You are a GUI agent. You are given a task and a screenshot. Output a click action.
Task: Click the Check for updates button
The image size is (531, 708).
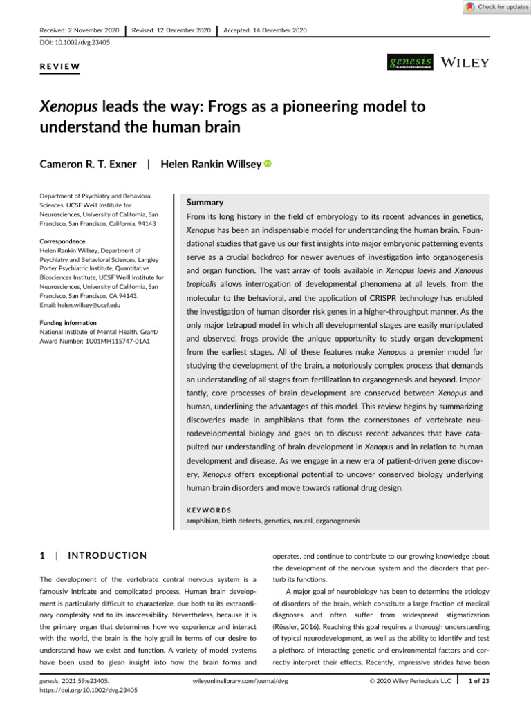point(496,7)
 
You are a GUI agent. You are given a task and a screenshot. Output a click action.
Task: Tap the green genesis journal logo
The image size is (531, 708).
point(411,62)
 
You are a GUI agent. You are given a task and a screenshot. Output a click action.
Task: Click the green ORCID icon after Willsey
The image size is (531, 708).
point(267,164)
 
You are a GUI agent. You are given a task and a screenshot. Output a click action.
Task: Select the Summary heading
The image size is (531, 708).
point(206,203)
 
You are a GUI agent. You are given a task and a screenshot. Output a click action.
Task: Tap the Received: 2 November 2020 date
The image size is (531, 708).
point(79,30)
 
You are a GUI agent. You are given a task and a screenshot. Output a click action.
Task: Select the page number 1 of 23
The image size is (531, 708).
point(477,681)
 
